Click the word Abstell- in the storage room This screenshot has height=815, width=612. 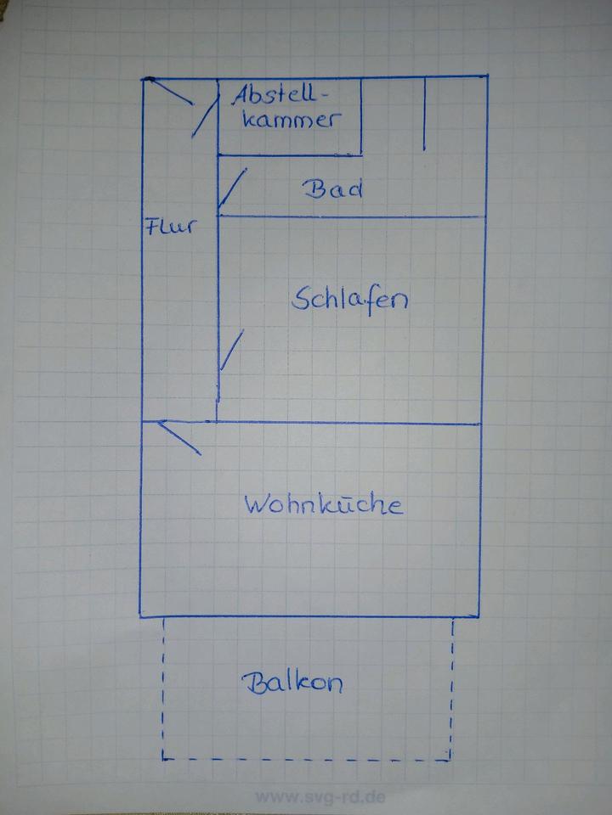(x=280, y=95)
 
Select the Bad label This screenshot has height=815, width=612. (x=333, y=188)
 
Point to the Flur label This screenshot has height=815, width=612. (x=171, y=226)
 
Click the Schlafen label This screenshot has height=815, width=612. (x=349, y=301)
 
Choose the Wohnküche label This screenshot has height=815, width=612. (x=324, y=504)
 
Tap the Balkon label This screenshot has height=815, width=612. (x=292, y=683)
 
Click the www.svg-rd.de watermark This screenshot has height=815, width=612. (x=320, y=797)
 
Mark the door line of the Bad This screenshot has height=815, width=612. (x=232, y=188)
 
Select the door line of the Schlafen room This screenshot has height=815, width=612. (x=231, y=350)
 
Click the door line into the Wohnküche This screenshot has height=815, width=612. (x=179, y=438)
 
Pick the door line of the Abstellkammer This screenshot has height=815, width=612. (x=205, y=116)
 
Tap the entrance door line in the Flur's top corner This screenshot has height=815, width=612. (x=171, y=91)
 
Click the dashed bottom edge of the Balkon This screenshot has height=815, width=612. (x=306, y=760)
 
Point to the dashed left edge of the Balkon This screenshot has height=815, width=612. (x=163, y=689)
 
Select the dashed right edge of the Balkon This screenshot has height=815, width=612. (x=451, y=689)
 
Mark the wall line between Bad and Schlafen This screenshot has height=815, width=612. (x=352, y=216)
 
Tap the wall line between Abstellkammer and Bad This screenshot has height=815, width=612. (x=290, y=155)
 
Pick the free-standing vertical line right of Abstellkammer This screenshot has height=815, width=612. (x=425, y=114)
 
